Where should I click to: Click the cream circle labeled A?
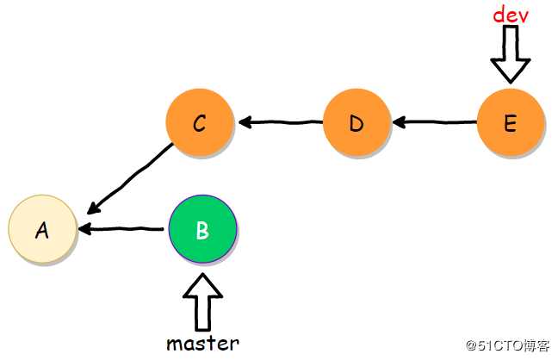[42, 229]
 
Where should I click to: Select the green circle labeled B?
[202, 230]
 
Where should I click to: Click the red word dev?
[510, 15]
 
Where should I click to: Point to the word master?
[202, 343]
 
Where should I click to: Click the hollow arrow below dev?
[511, 53]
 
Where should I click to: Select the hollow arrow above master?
[203, 301]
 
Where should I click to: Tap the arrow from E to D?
[434, 122]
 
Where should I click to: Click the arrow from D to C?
[281, 122]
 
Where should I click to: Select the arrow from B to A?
[121, 229]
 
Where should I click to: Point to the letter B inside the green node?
[202, 230]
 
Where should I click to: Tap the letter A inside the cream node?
[41, 230]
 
